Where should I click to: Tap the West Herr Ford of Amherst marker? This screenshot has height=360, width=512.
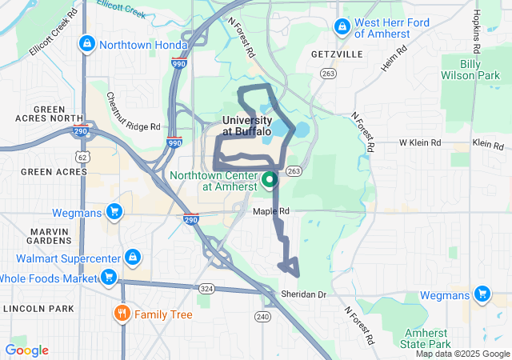[x=342, y=26]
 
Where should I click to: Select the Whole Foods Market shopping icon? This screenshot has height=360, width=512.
[x=108, y=278]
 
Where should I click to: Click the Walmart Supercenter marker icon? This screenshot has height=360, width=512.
[x=133, y=258]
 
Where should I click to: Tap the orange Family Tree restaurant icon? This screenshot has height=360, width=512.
[x=122, y=314]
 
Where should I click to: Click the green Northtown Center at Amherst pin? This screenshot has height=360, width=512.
[x=269, y=179]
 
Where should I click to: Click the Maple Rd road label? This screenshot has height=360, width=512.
[x=270, y=211]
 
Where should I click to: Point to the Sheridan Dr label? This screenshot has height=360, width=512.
[x=304, y=294]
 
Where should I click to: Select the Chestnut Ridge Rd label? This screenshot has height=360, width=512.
[x=134, y=111]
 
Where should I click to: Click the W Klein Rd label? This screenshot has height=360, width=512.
[x=420, y=143]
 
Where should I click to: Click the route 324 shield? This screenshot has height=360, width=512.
[x=206, y=287]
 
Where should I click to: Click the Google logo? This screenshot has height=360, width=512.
[x=26, y=350]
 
